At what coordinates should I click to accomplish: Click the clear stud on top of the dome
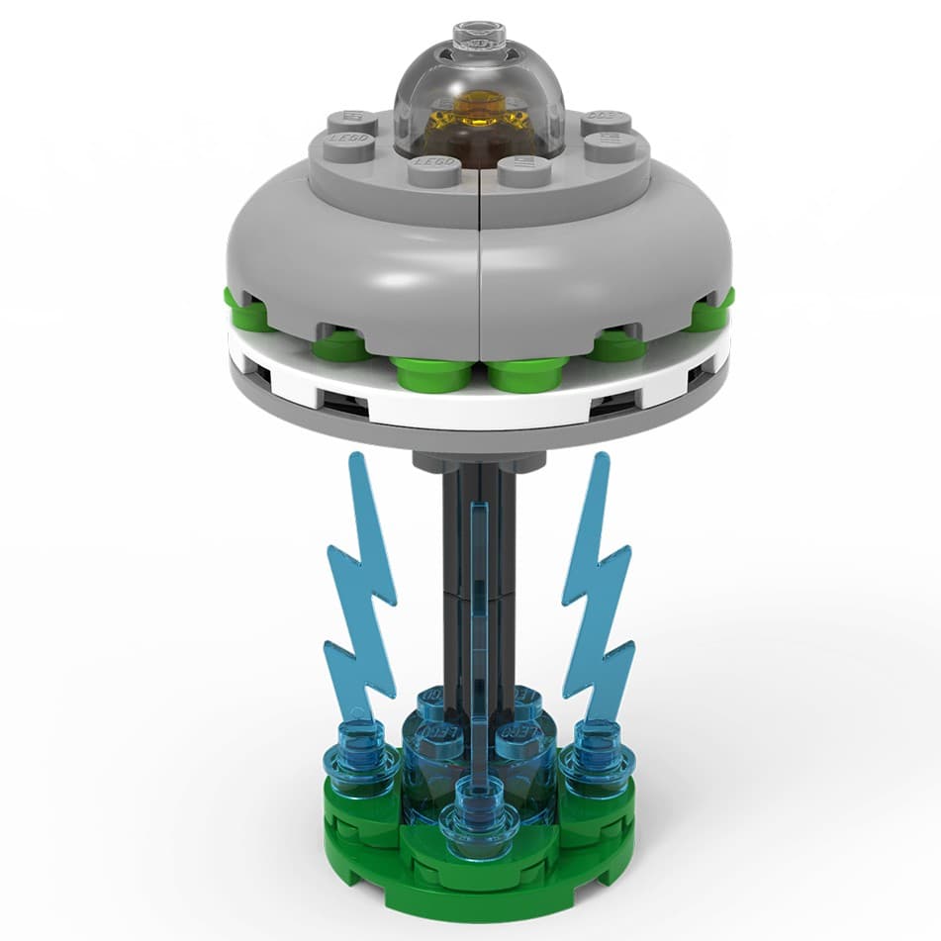coord(479,36)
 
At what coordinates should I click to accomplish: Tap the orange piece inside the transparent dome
coord(480,114)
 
